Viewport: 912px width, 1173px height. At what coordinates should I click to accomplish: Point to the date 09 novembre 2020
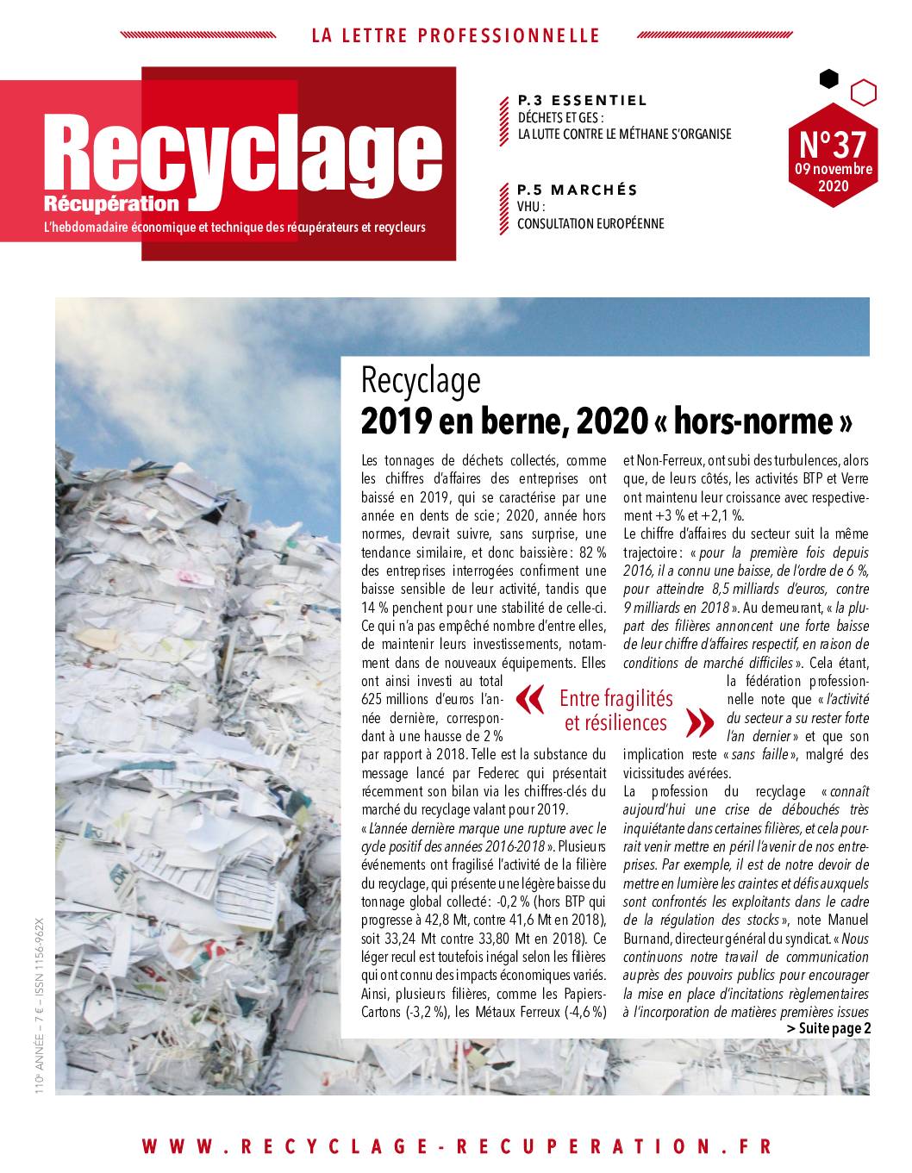click(833, 177)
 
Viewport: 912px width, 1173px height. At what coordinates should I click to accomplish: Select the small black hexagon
click(828, 79)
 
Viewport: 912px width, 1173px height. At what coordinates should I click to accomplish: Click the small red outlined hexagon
click(864, 90)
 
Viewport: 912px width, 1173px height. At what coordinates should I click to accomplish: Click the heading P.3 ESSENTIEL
click(582, 100)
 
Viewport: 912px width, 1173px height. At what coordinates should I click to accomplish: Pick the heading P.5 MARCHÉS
click(577, 190)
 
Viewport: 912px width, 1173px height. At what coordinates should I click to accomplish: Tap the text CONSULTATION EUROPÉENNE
click(590, 224)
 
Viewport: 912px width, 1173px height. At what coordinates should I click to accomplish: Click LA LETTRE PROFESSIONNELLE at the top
click(455, 35)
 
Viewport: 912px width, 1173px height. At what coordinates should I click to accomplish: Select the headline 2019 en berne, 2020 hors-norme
click(607, 421)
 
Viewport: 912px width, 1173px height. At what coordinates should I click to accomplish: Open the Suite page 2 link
click(828, 1028)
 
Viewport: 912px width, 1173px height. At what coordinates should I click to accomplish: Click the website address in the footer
click(456, 1145)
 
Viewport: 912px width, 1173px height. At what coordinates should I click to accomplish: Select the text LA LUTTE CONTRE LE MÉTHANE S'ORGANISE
click(623, 134)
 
